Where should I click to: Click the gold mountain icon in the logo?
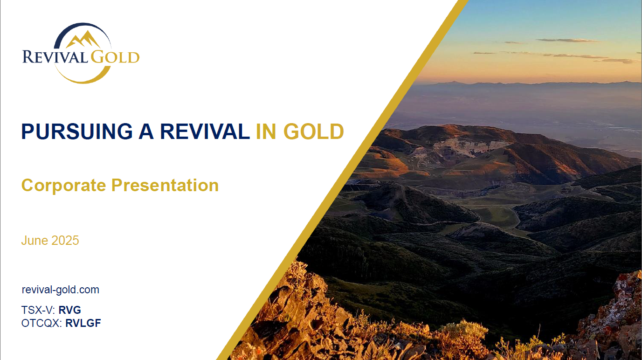coord(83,40)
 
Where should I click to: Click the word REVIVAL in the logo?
coord(55,57)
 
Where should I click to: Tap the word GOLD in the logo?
coord(115,57)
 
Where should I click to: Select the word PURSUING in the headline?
coord(77,132)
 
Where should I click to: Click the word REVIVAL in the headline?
coord(205,132)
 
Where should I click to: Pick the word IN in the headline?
coord(266,132)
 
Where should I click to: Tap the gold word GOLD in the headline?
coord(314,132)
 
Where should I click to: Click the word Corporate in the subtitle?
coord(63,186)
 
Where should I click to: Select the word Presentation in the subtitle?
coord(165,185)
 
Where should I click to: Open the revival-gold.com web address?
coord(61,290)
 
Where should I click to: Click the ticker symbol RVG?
coord(69,310)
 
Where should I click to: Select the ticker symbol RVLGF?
coord(83,323)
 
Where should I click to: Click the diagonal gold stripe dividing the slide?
coord(343,180)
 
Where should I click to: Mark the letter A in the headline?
coord(146,132)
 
